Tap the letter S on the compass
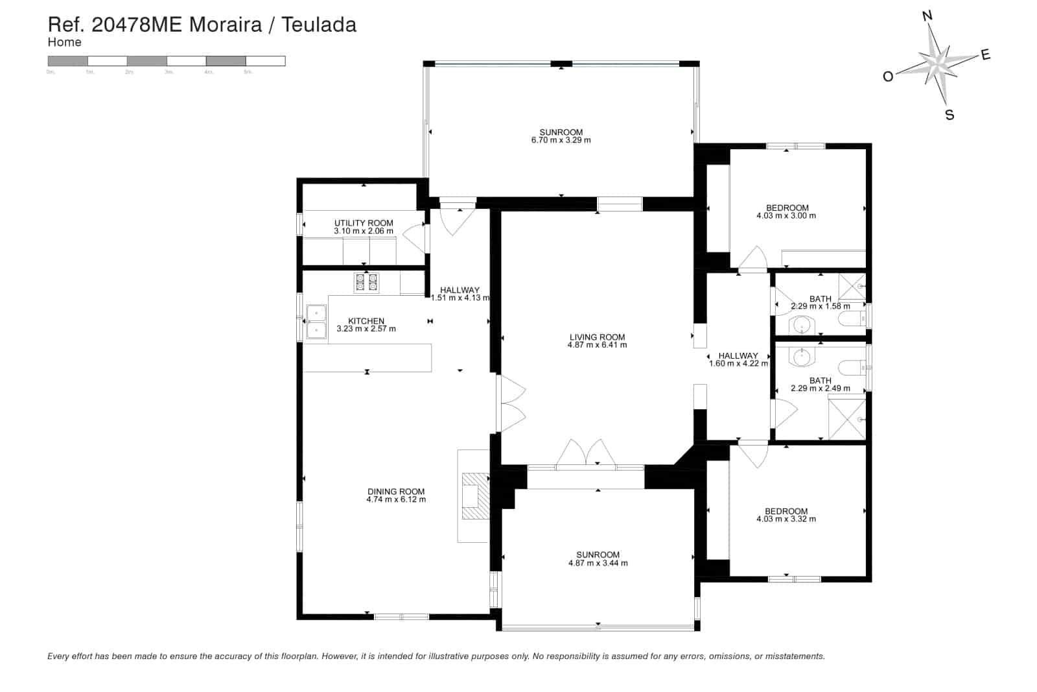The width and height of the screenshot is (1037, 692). [950, 115]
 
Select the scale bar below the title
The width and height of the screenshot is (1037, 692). [167, 61]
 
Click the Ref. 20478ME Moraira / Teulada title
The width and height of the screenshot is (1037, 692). [202, 25]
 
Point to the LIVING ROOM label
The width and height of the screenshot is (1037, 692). [597, 337]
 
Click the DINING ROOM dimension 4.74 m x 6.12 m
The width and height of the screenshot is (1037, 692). [396, 499]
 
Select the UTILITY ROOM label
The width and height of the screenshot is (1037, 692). [364, 223]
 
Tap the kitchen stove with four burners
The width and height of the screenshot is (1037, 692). [367, 283]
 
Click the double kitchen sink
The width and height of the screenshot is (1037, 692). [316, 322]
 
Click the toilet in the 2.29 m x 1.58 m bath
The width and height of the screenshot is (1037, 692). [850, 318]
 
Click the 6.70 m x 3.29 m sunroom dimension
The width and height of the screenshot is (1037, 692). [561, 140]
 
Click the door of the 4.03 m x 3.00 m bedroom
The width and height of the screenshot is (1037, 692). [752, 258]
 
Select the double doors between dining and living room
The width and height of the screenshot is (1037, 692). [510, 405]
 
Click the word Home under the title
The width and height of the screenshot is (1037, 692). [64, 42]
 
